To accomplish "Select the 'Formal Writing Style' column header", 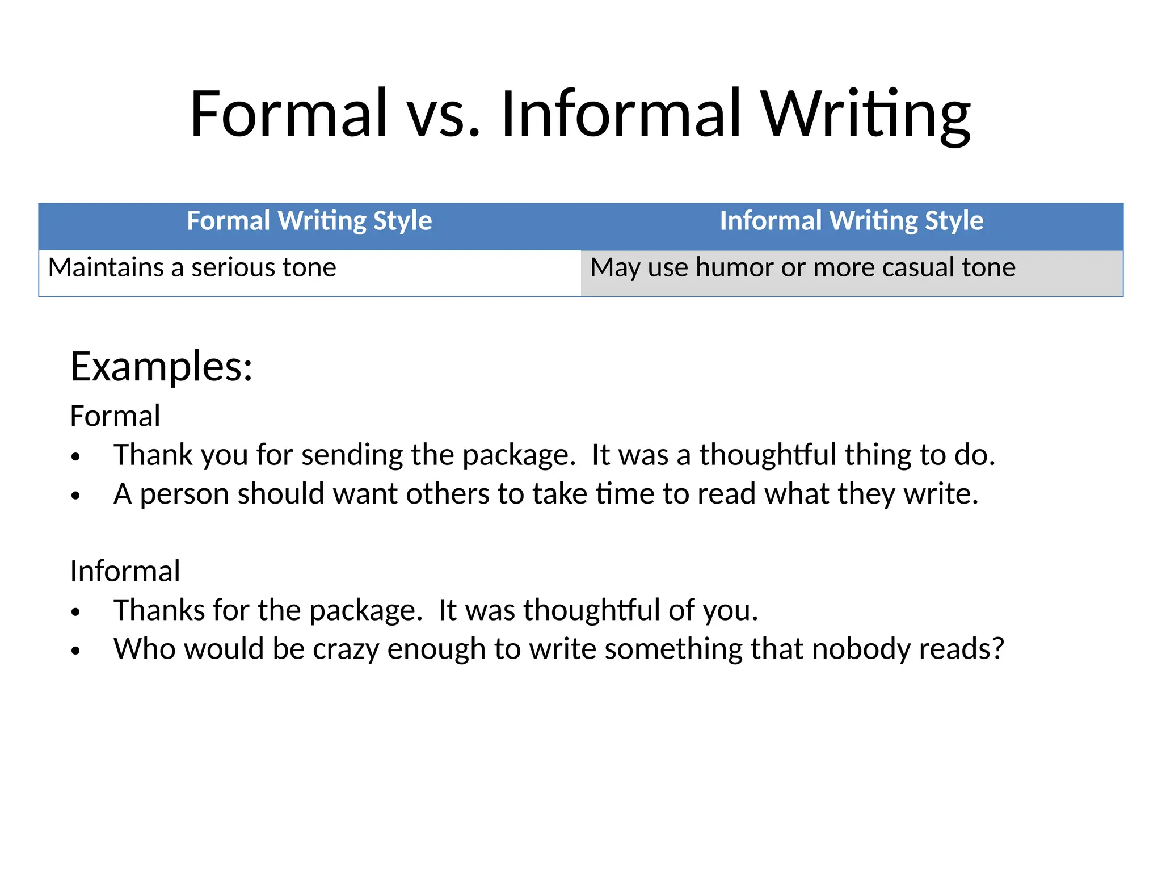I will pos(309,221).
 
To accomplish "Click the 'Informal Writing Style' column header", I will pos(851,221).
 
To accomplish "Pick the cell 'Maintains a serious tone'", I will pos(192,267).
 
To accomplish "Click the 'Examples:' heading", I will pos(161,367).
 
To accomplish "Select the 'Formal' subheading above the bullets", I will pos(115,416).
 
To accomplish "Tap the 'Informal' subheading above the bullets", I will pos(125,571).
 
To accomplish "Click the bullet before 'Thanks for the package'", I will pos(76,612).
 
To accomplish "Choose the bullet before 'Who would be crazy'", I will pos(76,651).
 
